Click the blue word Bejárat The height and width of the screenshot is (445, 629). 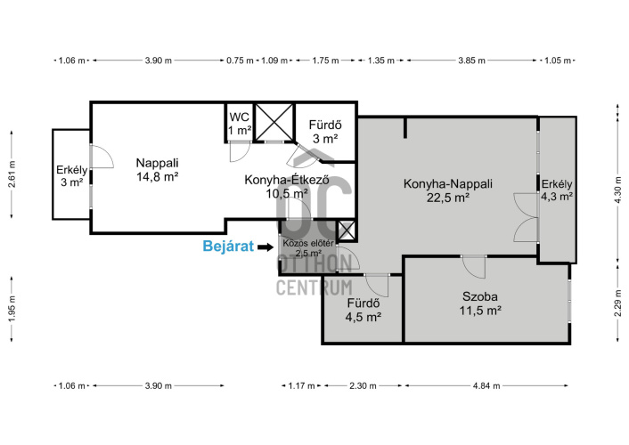coord(228,247)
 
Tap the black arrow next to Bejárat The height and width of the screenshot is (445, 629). coord(265,247)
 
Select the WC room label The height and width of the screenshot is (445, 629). coord(240,124)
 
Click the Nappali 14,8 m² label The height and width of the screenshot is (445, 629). coord(157,170)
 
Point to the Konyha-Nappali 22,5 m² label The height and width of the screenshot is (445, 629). coord(447,190)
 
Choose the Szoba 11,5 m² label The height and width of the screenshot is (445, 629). coord(480,303)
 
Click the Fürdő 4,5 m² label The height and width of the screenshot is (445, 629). coord(363,310)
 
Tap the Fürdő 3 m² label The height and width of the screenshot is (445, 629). coord(325,132)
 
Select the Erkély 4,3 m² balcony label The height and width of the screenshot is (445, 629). coord(557,190)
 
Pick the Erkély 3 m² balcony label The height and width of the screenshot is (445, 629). coord(72,176)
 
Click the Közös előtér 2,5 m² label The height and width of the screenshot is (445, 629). coord(308,248)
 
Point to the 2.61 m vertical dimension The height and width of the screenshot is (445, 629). coord(12,174)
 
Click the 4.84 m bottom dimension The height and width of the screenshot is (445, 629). coord(486,385)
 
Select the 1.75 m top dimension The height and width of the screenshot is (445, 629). coord(325,61)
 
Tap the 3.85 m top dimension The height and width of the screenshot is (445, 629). coord(472,61)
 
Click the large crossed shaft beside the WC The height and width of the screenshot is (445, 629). coord(274,122)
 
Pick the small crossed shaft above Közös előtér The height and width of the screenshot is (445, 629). coord(347,231)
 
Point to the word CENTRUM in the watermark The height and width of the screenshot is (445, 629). coord(314,287)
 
